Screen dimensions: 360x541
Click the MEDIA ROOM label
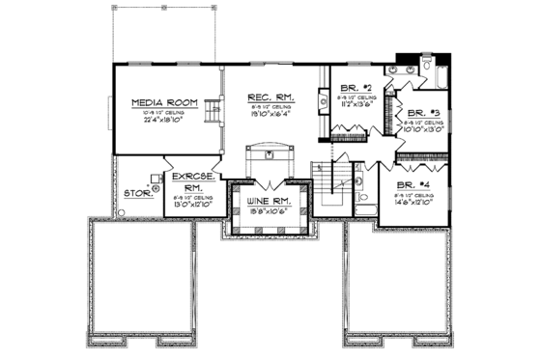pos(165,101)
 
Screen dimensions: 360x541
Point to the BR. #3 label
pos(422,112)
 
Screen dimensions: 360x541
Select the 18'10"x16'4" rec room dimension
pos(268,113)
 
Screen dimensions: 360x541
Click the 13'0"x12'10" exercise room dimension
pos(191,205)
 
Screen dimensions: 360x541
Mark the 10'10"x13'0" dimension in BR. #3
pos(422,129)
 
